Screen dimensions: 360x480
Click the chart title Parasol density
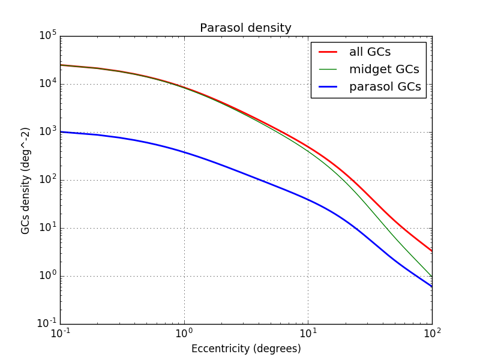(245, 28)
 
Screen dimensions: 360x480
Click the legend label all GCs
(370, 52)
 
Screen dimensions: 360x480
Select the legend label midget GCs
(383, 70)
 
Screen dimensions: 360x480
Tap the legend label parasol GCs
(385, 88)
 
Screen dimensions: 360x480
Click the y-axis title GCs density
(26, 180)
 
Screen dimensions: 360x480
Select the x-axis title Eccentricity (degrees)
(246, 349)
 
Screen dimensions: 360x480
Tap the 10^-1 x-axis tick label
(59, 334)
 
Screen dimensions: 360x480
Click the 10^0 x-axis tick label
(184, 334)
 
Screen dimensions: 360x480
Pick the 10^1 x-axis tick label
(308, 334)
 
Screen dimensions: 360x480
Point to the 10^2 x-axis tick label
(432, 334)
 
